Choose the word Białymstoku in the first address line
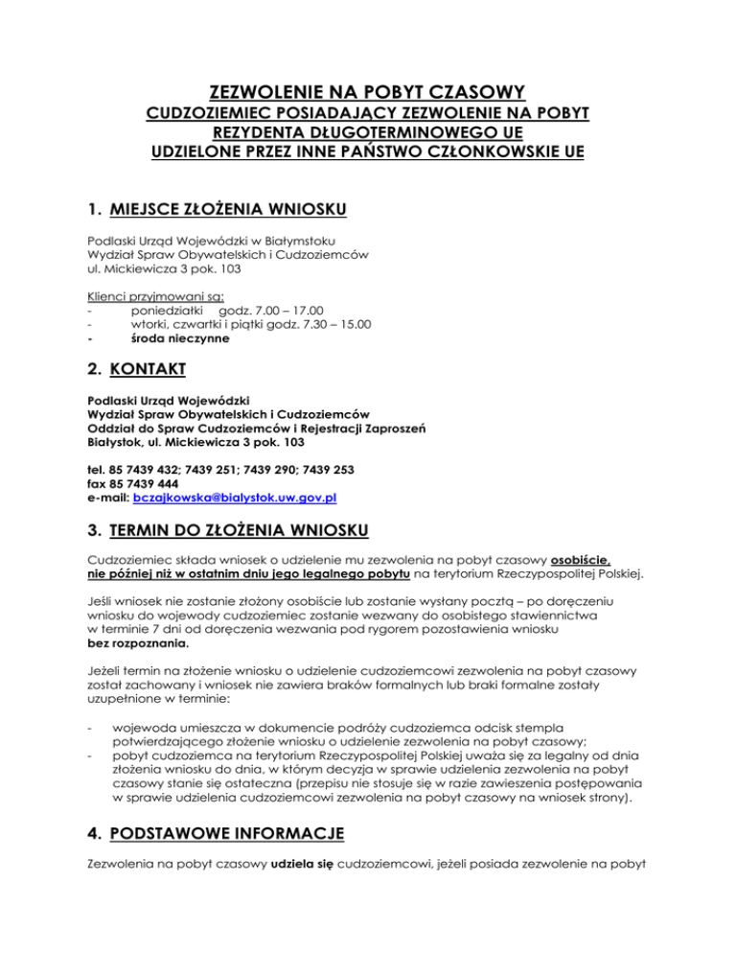[288, 239]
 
